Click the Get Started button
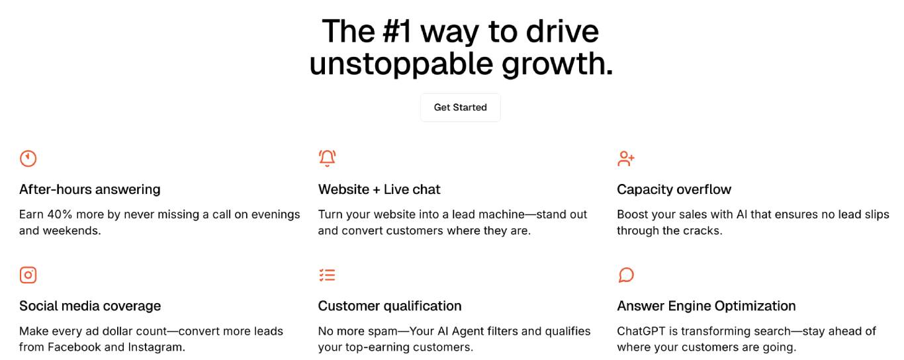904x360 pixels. (x=460, y=107)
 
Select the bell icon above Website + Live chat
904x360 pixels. (x=328, y=158)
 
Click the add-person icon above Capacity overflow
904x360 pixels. (x=626, y=159)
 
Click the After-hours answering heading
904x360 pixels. (x=89, y=190)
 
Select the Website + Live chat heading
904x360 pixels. (x=379, y=189)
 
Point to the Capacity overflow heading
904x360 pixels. (x=674, y=190)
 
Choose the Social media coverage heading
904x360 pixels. (x=90, y=306)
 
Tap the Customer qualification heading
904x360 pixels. (x=389, y=306)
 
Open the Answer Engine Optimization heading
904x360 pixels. (x=706, y=306)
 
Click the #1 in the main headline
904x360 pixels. (x=397, y=31)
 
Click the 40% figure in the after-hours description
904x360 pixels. (x=60, y=214)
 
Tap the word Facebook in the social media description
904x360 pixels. (x=74, y=347)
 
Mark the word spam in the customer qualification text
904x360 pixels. (x=382, y=332)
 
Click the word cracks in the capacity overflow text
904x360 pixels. (x=702, y=231)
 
